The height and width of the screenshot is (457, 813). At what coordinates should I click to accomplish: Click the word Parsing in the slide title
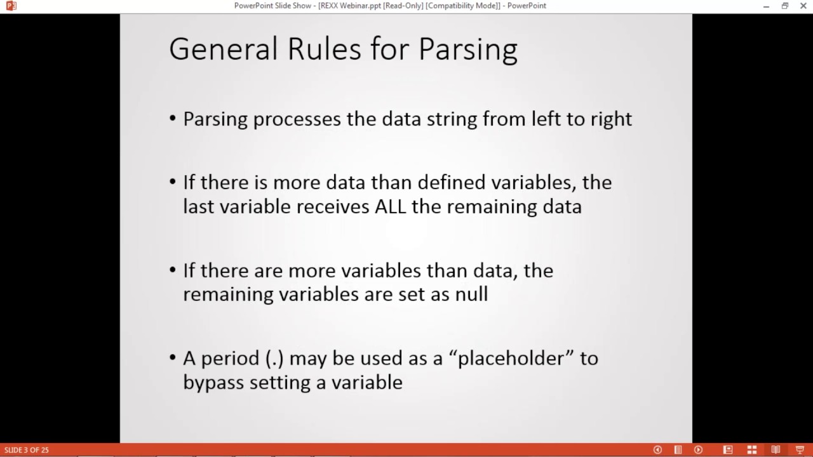click(x=469, y=50)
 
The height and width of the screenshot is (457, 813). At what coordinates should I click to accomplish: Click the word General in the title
click(x=223, y=50)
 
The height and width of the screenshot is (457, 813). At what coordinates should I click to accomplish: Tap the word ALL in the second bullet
click(x=391, y=207)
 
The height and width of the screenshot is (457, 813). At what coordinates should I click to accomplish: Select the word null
click(x=471, y=295)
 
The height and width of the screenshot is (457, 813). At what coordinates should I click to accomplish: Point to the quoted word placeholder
click(x=511, y=359)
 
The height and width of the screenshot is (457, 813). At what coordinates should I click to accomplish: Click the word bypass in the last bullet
click(x=213, y=383)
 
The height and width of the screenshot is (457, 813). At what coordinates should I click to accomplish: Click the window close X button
click(x=802, y=6)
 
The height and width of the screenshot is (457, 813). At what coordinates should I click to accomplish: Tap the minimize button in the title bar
click(x=767, y=6)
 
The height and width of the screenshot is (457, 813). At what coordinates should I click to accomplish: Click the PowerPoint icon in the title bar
click(x=10, y=6)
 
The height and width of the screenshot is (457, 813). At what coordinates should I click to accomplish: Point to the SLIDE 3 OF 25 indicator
click(x=27, y=450)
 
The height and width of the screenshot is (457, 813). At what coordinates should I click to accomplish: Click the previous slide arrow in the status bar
click(x=657, y=450)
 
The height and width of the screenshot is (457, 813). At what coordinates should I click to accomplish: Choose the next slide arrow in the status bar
click(x=698, y=450)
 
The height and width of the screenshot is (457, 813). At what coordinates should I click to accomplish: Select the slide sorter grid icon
click(x=752, y=450)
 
